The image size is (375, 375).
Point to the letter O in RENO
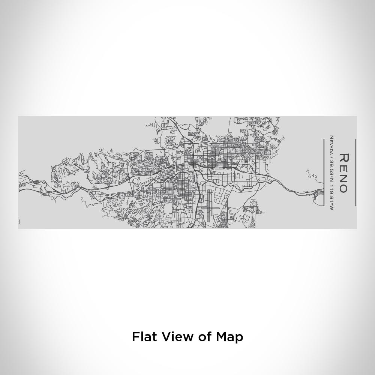click(x=343, y=187)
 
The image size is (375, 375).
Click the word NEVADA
click(x=331, y=145)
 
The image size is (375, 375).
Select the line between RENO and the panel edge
click(x=355, y=172)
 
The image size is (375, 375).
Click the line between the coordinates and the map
click(x=324, y=172)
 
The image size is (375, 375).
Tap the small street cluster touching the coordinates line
click(x=319, y=193)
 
